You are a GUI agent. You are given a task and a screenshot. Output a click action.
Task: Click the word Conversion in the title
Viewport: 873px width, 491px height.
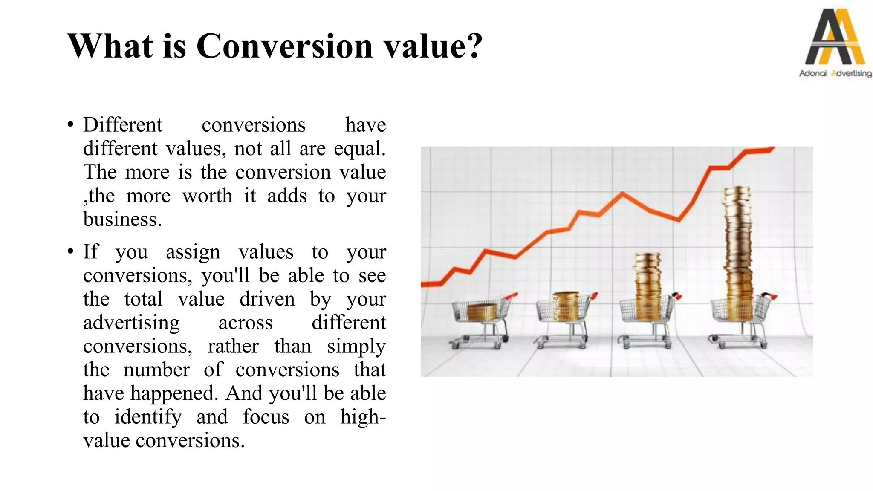coord(284,46)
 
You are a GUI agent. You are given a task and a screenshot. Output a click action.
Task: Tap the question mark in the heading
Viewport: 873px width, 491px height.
coord(474,46)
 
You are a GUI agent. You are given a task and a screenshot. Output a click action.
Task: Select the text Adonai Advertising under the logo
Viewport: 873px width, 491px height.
coord(835,74)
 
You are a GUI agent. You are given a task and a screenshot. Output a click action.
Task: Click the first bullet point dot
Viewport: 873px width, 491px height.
coord(70,125)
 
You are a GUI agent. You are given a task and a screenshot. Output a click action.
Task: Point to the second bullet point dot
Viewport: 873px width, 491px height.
coord(70,252)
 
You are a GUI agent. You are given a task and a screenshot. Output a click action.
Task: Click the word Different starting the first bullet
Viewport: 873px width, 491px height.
coord(123,125)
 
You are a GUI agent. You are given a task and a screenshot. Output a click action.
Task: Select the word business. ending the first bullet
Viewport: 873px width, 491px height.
coord(122,220)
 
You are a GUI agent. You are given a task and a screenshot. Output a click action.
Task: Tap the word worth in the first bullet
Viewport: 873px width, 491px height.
coord(207,196)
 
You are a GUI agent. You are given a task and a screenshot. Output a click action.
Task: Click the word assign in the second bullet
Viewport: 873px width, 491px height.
coord(193,252)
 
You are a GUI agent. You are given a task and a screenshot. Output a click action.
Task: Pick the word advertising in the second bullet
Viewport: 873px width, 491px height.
coord(131,323)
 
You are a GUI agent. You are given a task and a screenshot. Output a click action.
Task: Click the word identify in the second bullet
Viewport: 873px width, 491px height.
coord(148,417)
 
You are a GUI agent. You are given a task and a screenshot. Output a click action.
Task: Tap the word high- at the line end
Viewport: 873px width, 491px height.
coord(363,417)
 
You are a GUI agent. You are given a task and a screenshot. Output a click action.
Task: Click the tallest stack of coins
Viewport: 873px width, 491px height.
coord(738,247)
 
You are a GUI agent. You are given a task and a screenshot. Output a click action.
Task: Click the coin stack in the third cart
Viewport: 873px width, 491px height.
coord(648,283)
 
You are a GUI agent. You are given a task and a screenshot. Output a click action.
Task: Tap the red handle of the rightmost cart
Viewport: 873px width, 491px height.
coord(769,295)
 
